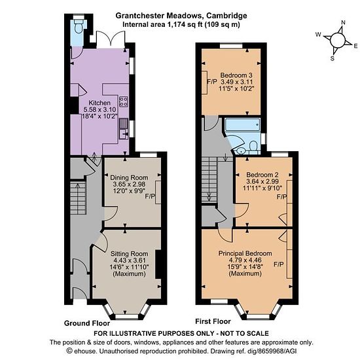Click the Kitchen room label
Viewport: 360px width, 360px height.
99,103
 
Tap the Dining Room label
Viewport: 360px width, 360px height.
129,177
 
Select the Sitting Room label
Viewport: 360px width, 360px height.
129,254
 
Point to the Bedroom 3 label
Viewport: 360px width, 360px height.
236,75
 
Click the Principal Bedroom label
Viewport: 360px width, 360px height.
245,253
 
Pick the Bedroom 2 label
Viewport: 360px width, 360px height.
262,175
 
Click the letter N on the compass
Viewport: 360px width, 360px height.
343,22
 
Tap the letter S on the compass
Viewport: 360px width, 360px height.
333,58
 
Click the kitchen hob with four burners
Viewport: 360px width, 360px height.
124,101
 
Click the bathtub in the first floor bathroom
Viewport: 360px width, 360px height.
242,124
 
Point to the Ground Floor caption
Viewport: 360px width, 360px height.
87,323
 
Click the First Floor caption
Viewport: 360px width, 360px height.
213,321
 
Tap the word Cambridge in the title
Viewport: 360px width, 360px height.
226,16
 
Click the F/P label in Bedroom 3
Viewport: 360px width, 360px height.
212,82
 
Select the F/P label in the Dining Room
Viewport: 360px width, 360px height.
150,196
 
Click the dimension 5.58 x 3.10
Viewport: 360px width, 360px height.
99,109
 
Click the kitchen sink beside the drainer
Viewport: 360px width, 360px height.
124,134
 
